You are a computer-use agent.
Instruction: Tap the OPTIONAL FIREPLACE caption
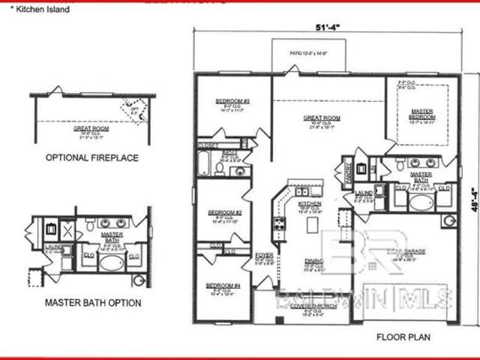(92, 158)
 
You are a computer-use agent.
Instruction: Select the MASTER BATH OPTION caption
(92, 303)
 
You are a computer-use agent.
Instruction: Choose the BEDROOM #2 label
(223, 213)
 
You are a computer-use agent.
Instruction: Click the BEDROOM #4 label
(223, 285)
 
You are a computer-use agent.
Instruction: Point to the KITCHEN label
(310, 203)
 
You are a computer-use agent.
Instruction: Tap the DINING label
(313, 261)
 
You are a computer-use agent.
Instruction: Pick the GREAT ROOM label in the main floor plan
(322, 118)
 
